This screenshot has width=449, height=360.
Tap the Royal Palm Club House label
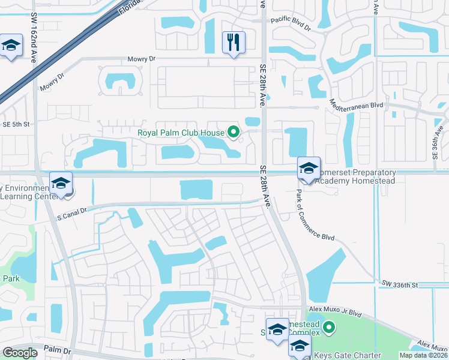coord(180,132)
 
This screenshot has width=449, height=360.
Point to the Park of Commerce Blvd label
coord(315,215)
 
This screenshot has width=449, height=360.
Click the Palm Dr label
coord(58,350)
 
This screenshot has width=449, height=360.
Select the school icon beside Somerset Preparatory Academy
coord(309,168)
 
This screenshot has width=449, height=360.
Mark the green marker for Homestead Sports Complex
coord(328,328)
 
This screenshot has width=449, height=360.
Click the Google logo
coord(19,353)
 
